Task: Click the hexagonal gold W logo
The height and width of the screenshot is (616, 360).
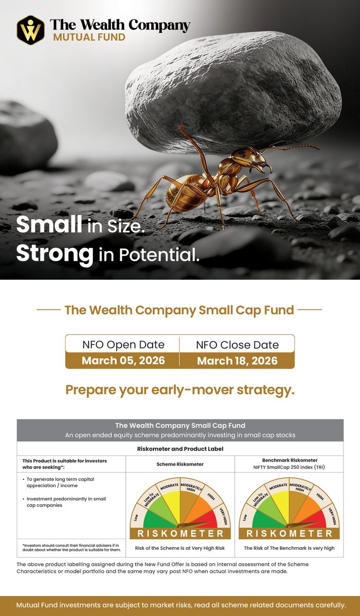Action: (30, 30)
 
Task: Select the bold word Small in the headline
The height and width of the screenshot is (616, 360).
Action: (49, 225)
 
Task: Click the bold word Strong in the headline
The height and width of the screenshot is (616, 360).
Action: (54, 254)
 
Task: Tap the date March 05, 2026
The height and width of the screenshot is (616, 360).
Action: (123, 360)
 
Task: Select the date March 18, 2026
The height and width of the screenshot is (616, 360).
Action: (237, 360)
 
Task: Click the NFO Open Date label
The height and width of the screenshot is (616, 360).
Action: (123, 344)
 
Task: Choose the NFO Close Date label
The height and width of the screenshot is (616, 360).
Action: (237, 344)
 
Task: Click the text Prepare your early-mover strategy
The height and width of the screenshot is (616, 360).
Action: (180, 390)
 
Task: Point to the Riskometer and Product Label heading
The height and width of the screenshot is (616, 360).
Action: (180, 449)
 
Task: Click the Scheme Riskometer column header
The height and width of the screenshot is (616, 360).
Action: (180, 464)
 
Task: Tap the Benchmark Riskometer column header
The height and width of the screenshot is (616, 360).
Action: (289, 460)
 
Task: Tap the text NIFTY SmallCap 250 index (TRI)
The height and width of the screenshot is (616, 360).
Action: (289, 468)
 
